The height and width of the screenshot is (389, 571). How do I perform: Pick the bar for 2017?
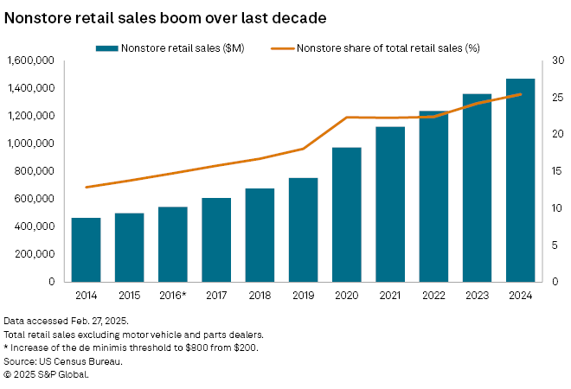pyautogui.click(x=216, y=239)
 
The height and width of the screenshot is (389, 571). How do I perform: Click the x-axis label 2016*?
pyautogui.click(x=173, y=295)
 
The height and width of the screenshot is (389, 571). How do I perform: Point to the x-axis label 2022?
pyautogui.click(x=433, y=295)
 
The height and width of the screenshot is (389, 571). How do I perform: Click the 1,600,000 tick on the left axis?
pyautogui.click(x=30, y=61)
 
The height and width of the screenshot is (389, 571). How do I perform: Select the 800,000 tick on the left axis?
pyautogui.click(x=35, y=171)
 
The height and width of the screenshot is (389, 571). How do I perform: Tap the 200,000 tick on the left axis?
pyautogui.click(x=35, y=254)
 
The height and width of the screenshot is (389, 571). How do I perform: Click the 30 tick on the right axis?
pyautogui.click(x=555, y=61)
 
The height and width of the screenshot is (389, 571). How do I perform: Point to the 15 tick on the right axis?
pyautogui.click(x=555, y=171)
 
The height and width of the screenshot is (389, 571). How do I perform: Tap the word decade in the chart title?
pyautogui.click(x=294, y=16)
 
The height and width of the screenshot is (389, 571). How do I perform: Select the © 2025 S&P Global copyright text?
pyautogui.click(x=45, y=374)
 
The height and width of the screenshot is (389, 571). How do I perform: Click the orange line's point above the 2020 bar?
pyautogui.click(x=347, y=118)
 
